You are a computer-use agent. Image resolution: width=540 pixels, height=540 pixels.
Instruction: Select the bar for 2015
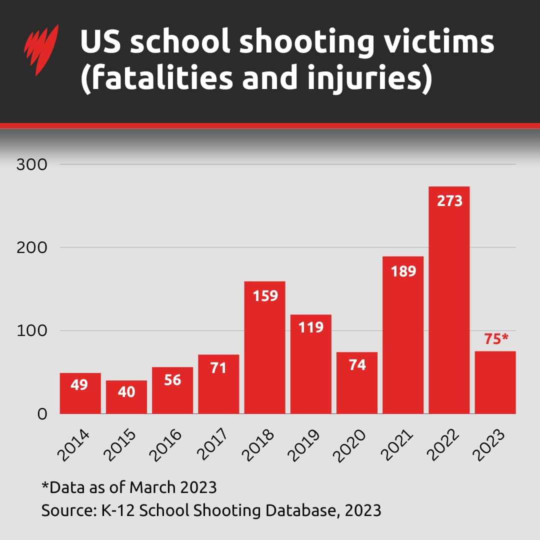coord(126,400)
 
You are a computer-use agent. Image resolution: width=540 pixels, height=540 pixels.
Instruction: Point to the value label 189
coord(403,271)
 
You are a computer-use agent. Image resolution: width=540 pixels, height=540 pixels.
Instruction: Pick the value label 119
coord(311,327)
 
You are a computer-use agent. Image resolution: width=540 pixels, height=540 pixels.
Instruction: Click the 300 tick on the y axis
coord(31,164)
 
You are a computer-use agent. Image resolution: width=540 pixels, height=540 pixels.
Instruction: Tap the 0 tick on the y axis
coord(42,414)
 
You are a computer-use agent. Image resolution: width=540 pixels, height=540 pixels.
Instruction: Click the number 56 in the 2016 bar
coord(172,380)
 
